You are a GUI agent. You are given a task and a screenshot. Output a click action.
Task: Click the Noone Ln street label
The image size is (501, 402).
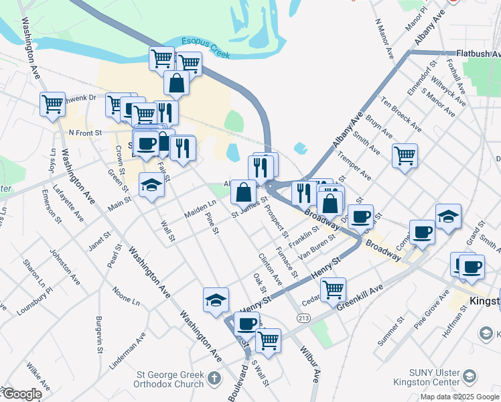(x=127, y=297)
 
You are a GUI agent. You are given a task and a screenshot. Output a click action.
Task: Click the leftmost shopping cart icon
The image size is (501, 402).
(x=52, y=104)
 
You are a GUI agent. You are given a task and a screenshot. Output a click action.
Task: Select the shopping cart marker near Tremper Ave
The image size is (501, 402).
(x=405, y=156)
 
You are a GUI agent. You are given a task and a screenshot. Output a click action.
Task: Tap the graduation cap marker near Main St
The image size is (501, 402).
(x=152, y=185)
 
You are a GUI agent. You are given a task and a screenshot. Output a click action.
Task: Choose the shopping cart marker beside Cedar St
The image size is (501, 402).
(x=333, y=289)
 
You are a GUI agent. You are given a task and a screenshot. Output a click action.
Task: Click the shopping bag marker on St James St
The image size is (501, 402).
(x=244, y=192)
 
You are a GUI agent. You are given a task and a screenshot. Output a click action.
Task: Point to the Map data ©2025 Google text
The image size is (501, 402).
(x=459, y=397)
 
